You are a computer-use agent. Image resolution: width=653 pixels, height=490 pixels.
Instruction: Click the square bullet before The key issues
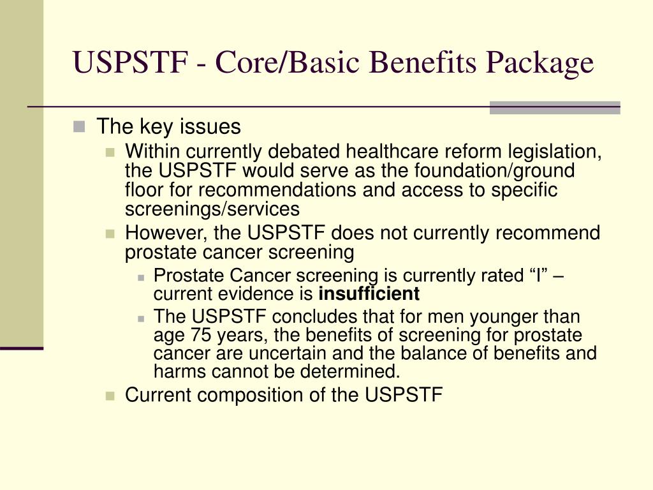78,126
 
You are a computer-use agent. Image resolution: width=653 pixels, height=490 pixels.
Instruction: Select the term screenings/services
212,209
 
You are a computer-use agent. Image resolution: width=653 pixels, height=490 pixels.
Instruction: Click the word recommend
550,234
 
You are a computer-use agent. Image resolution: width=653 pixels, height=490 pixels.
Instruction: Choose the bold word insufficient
369,294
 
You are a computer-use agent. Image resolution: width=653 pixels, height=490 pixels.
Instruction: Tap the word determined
354,371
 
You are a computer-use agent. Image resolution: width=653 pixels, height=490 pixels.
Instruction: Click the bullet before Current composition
110,396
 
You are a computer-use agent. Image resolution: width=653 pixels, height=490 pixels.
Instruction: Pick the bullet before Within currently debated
110,152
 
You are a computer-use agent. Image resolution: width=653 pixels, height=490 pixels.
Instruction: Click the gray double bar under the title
555,107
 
